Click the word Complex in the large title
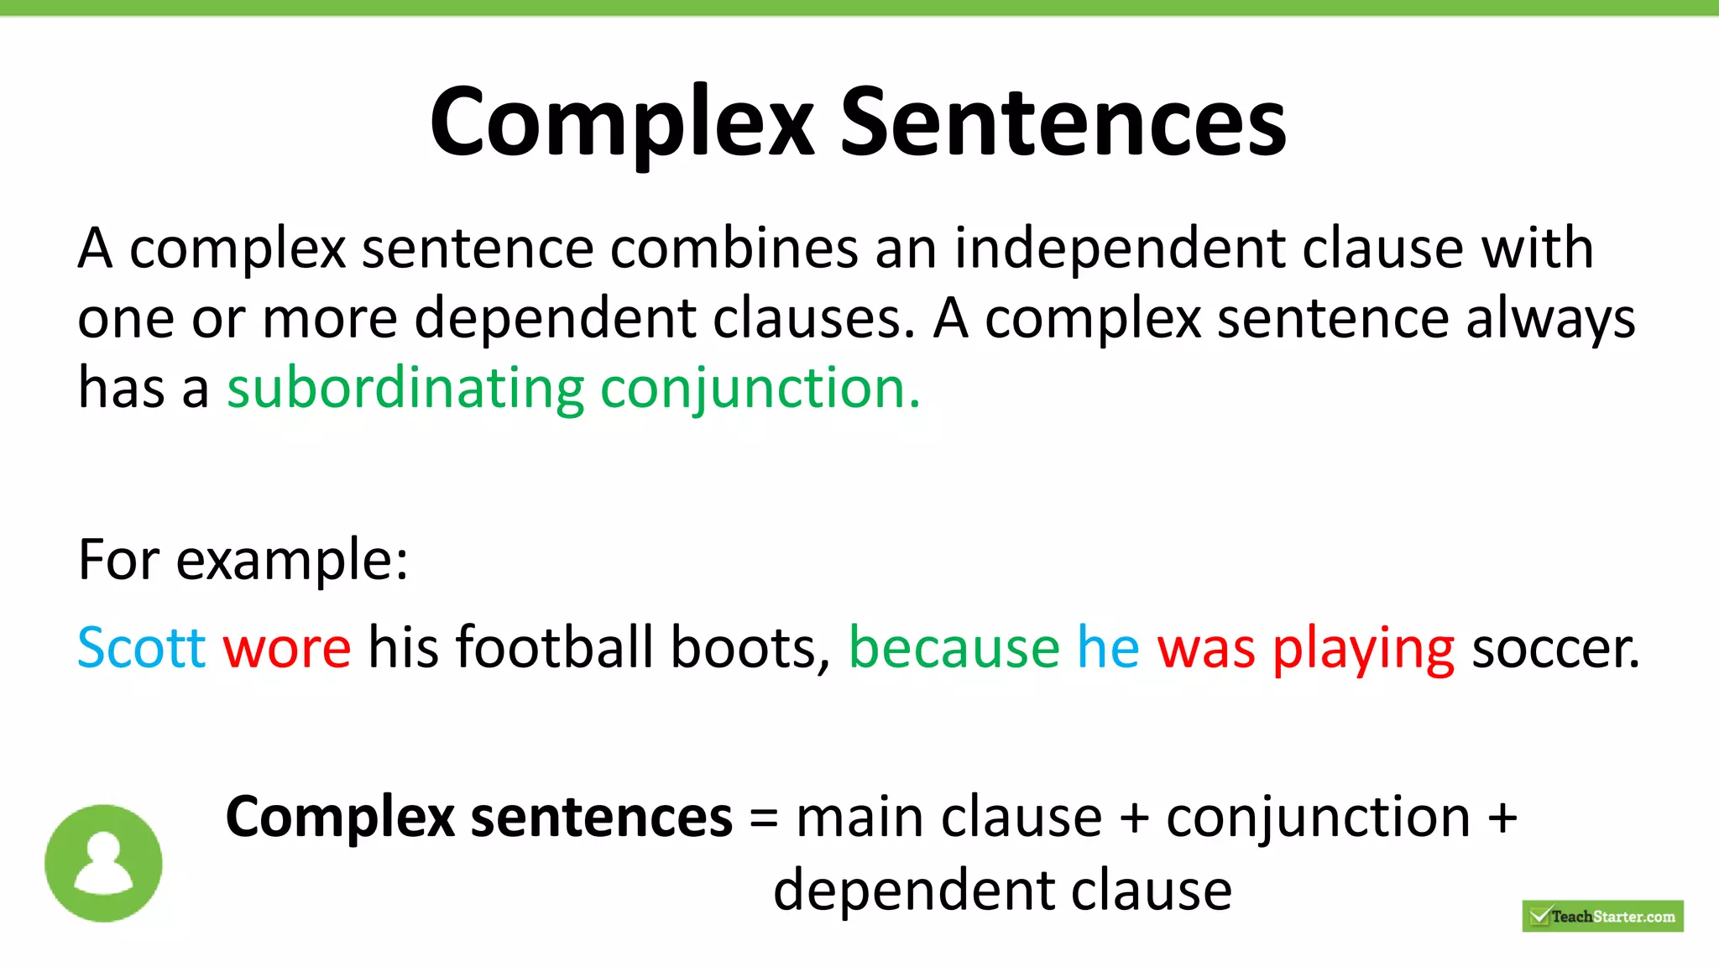point(622,123)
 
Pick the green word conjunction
point(760,389)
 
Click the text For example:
point(243,560)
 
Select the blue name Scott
point(141,648)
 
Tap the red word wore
point(287,648)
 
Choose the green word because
point(954,648)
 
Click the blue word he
point(1108,648)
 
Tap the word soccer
point(1555,648)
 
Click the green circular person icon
point(103,863)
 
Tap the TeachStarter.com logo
point(1602,916)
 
